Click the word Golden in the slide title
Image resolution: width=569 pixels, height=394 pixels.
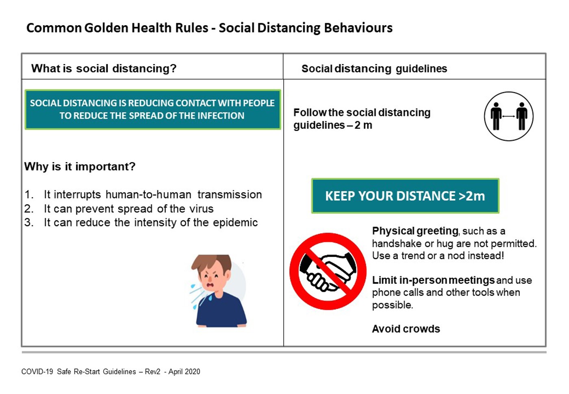(106, 28)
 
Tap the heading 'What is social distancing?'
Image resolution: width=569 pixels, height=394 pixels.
(104, 68)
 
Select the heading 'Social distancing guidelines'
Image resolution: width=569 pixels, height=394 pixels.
(374, 69)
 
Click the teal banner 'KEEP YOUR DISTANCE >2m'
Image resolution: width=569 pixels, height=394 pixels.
(405, 196)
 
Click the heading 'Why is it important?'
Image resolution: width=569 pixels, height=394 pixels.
(80, 167)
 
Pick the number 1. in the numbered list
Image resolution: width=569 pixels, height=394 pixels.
(29, 195)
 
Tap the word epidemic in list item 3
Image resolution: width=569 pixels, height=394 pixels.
(235, 222)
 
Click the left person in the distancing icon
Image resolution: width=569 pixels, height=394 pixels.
(496, 116)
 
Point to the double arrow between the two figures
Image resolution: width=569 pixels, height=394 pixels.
(508, 116)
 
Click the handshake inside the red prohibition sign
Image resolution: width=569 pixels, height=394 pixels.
(328, 272)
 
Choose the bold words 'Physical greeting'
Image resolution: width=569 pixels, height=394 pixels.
(415, 231)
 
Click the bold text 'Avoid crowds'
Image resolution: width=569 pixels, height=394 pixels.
(406, 329)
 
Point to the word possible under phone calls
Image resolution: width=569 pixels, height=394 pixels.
(393, 305)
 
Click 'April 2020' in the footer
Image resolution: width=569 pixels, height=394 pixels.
(184, 372)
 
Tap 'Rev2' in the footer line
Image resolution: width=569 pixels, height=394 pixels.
(152, 372)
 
